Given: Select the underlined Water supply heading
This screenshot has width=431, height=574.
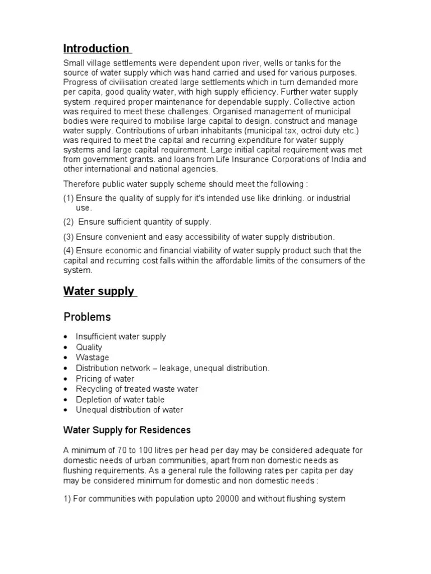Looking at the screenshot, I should coord(99,291).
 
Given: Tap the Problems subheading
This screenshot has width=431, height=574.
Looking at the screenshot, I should coord(87,317).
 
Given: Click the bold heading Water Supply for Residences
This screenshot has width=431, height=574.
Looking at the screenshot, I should coord(127,430).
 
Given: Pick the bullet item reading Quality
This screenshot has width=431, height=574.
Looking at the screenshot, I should coord(89,347).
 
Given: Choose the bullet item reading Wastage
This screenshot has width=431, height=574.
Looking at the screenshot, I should coord(93,358).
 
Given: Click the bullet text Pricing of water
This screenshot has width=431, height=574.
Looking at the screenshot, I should coord(105,378).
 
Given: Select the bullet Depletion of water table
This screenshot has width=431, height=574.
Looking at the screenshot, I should coord(120,399).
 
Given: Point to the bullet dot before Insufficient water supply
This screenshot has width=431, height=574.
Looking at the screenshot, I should coord(66,337).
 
